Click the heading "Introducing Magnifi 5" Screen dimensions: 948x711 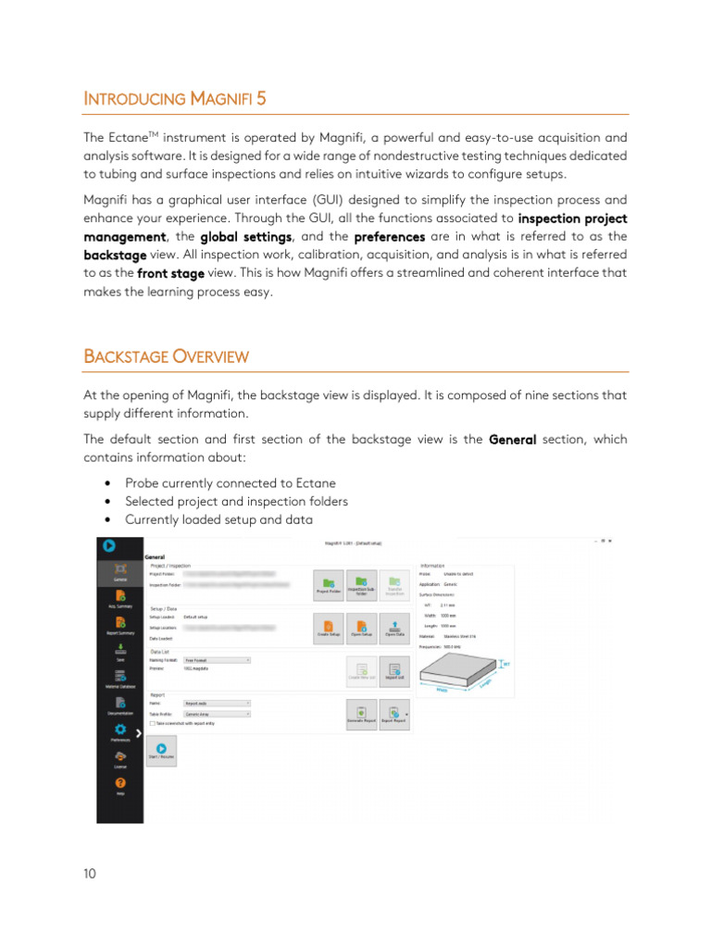point(176,98)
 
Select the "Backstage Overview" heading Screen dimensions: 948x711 point(166,356)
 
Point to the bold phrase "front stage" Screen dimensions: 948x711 point(170,273)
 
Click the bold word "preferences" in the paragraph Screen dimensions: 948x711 point(390,237)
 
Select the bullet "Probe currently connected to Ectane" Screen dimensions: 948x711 point(230,483)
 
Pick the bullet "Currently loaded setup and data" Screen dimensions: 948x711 point(218,519)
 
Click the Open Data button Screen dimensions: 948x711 point(395,626)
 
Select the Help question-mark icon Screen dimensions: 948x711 point(120,782)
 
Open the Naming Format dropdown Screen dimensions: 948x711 point(218,660)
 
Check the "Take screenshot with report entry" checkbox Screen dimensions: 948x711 point(153,723)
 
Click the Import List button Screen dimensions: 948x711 point(394,670)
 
